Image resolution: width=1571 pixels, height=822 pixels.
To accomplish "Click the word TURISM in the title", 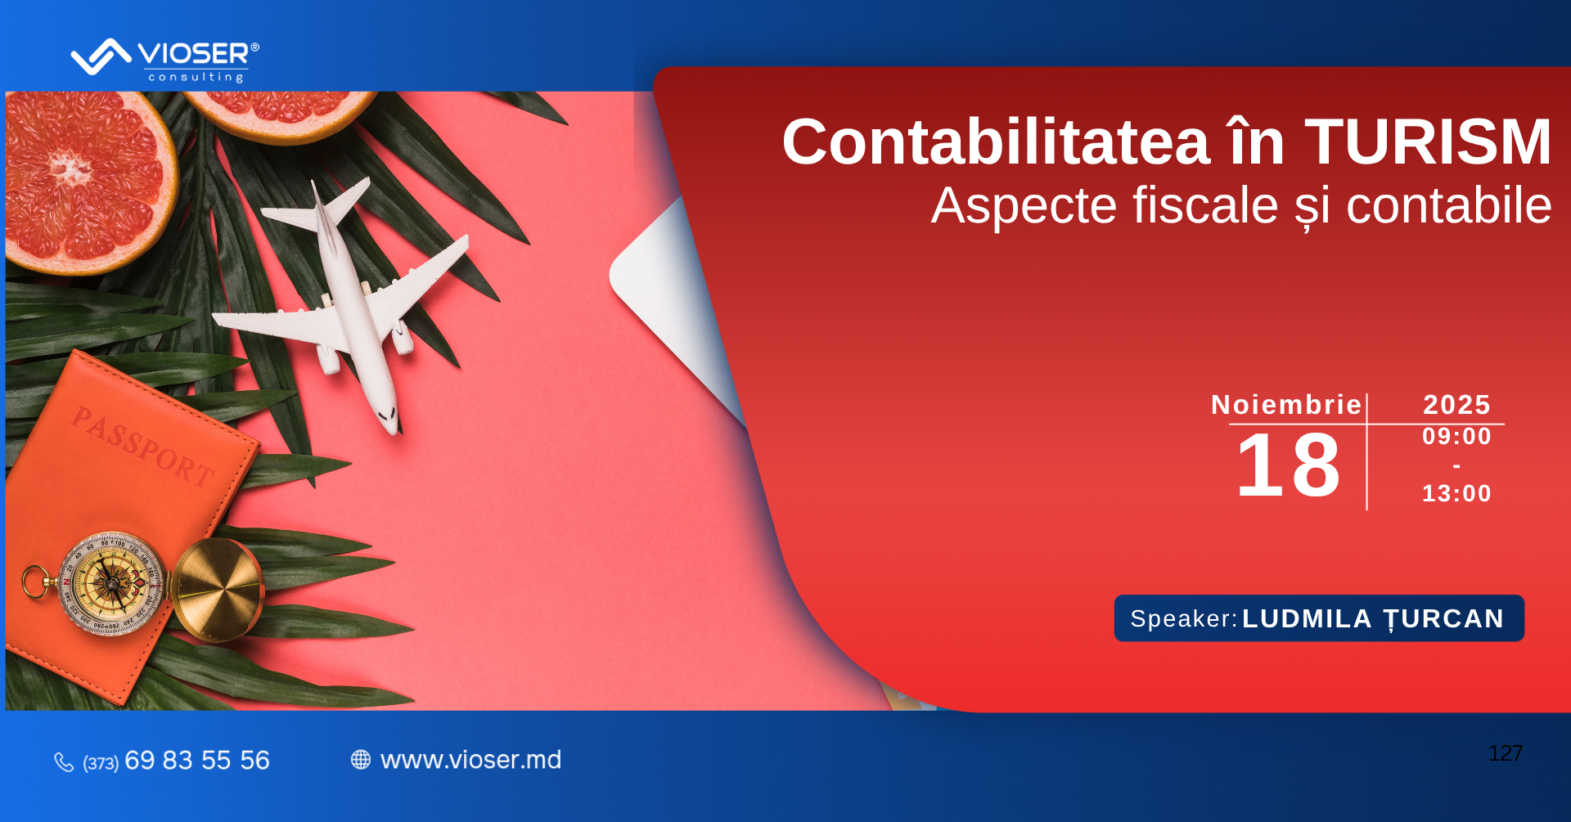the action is coord(1428,141).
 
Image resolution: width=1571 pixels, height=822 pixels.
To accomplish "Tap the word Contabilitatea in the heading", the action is coord(996,141).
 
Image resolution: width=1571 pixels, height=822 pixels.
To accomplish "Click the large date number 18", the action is coord(1288,465).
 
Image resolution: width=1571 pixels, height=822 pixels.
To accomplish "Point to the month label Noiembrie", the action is coord(1286,405).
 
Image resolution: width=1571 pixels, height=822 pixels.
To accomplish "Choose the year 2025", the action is coord(1457,405).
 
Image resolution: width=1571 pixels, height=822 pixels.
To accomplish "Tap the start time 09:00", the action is coord(1457,436).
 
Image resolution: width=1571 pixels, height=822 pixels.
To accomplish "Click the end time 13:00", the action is coord(1457,493).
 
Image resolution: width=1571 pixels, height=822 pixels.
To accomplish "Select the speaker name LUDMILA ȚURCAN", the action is coord(1373,619).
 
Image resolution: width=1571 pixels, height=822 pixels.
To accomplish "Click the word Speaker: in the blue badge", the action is coord(1184,618).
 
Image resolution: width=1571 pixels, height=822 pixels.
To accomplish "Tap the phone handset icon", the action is coord(64,762).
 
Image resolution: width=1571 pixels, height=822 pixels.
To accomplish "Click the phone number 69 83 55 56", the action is coord(197,761).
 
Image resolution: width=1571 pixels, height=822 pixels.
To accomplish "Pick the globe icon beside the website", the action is coord(361,760).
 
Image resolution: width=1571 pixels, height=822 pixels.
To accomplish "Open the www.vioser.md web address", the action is coord(471,760).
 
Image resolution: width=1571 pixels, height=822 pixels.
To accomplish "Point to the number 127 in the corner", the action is coord(1506,753).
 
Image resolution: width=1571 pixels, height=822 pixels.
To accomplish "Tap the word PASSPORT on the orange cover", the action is coord(143,447).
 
